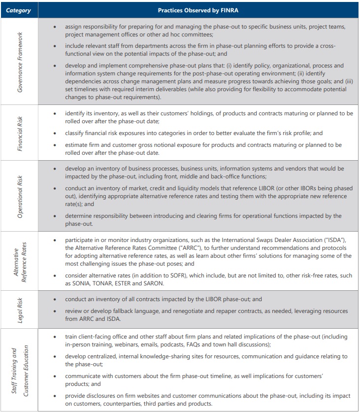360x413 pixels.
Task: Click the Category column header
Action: [x=18, y=10]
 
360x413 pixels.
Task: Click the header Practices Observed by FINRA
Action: [x=198, y=10]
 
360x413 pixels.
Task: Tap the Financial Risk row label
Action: [x=20, y=132]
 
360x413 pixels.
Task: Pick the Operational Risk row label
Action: [x=20, y=196]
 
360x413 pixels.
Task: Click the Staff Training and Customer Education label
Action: [x=20, y=369]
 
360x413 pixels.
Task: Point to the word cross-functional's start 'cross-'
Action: [x=327, y=45]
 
